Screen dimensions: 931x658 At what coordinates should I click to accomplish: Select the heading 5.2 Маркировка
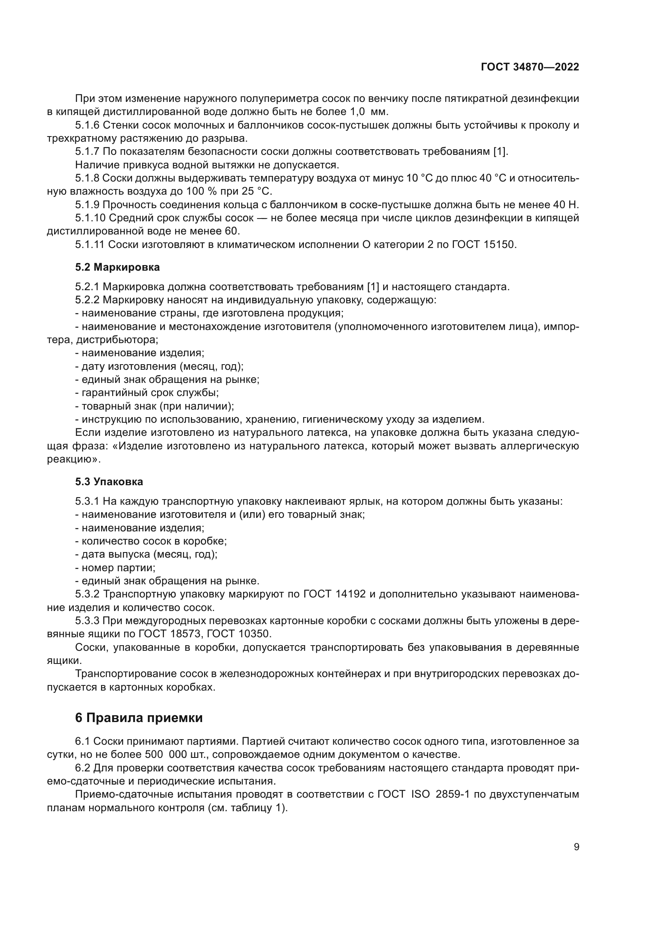(x=117, y=267)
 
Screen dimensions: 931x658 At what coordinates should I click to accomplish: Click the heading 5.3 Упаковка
(x=109, y=482)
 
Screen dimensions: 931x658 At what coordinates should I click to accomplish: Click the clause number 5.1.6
(x=87, y=125)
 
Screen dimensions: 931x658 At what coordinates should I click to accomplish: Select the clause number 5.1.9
(x=87, y=205)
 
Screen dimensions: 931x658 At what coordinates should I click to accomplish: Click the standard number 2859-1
(x=452, y=794)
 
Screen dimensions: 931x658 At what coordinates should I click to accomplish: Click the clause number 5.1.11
(x=90, y=244)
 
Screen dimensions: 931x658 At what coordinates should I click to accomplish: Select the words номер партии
(x=118, y=568)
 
